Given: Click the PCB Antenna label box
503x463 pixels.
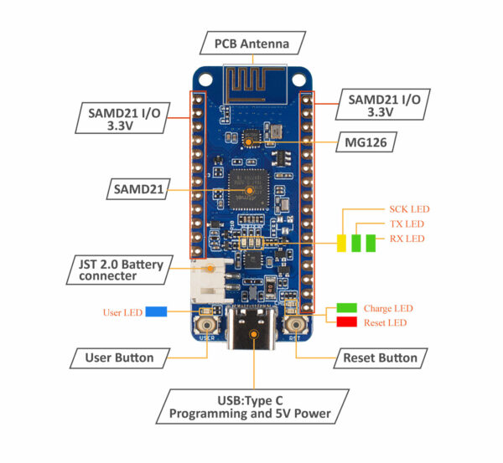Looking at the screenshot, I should [253, 42].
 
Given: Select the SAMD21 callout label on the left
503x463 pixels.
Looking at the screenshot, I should [139, 189].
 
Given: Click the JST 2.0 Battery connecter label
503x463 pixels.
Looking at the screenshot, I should [120, 270].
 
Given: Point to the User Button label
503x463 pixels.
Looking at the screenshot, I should [120, 358].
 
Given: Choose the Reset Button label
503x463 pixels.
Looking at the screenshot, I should [380, 358].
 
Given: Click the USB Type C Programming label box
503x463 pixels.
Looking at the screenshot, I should [251, 407].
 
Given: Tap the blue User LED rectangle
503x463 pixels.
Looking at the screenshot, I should [156, 312].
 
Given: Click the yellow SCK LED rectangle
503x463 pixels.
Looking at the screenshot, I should [341, 243].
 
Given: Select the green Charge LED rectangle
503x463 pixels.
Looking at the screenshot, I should [347, 307].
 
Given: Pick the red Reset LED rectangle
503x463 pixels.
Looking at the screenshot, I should [347, 322].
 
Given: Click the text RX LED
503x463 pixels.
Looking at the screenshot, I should [407, 239].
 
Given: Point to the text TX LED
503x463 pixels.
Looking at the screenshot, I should [407, 224].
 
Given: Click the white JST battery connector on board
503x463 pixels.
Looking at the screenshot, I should [206, 283].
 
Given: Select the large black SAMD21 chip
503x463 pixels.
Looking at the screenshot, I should [249, 189].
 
